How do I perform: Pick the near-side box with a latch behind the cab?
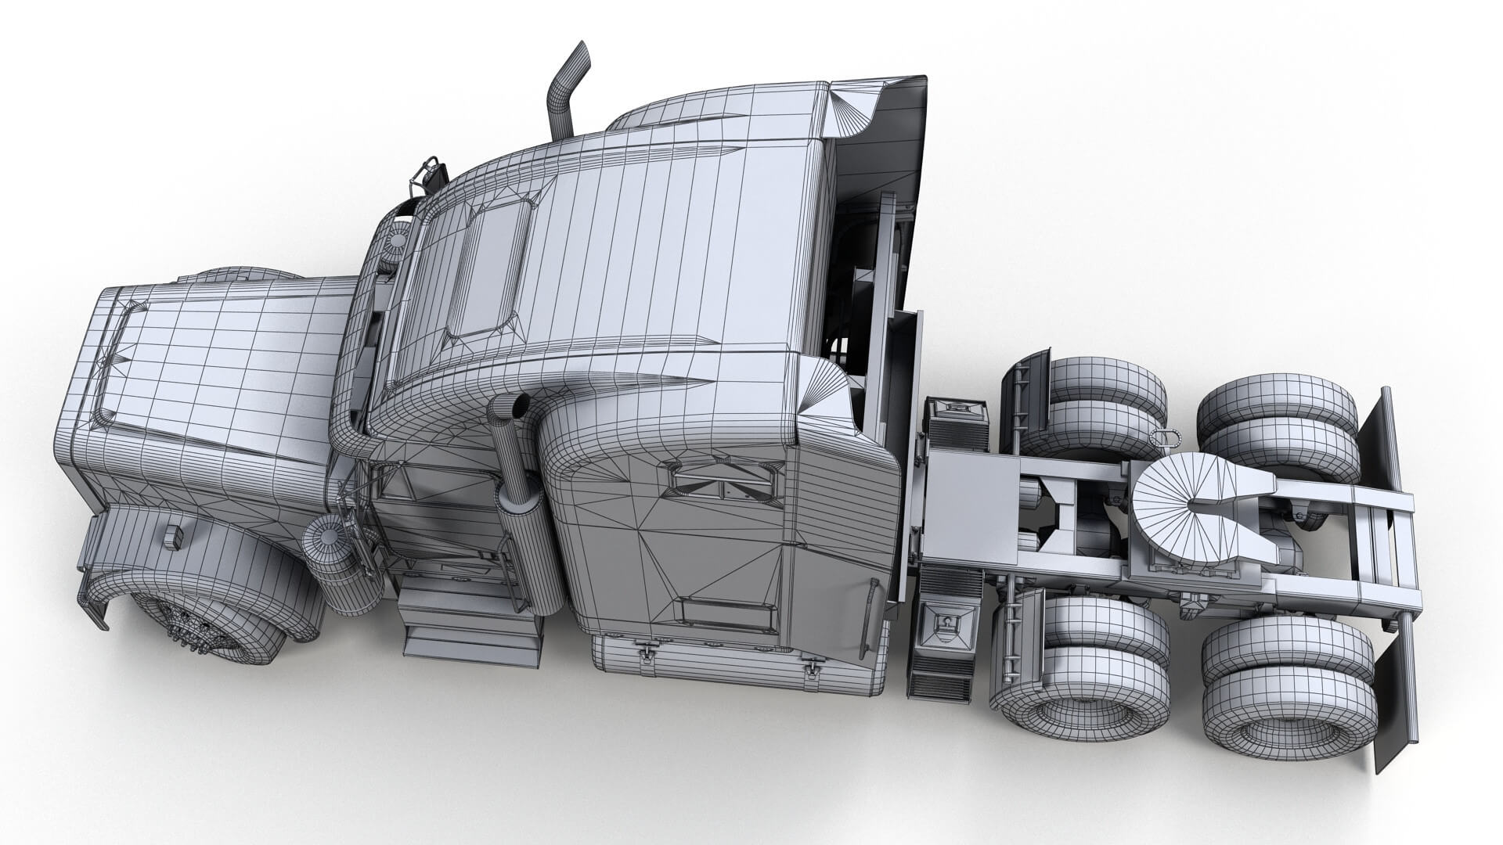tap(947, 626)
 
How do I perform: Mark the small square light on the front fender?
tap(172, 537)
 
